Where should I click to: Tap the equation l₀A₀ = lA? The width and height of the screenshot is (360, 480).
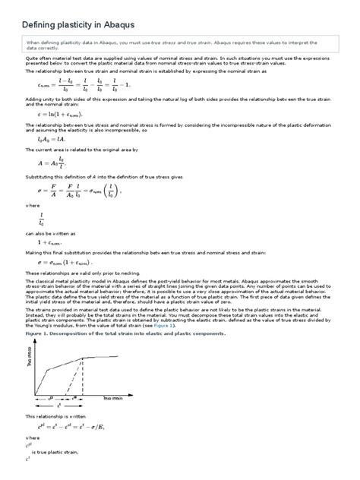click(51, 139)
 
